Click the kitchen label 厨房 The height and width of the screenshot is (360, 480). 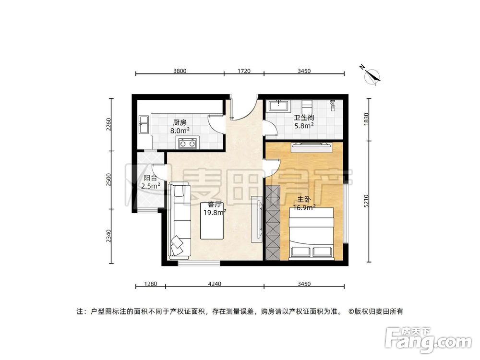coord(180,121)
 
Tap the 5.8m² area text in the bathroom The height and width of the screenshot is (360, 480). coord(304,126)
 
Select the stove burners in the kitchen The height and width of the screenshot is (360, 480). coord(187,142)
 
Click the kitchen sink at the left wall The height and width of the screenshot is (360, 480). coord(144,124)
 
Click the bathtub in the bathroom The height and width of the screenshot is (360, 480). coord(278,106)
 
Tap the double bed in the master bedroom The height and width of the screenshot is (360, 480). coord(311,234)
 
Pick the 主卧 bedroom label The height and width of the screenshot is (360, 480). coord(303,199)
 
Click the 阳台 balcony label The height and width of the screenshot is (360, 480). coord(150,178)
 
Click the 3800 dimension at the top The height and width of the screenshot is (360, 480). coord(180,71)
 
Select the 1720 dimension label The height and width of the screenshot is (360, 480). coord(244,71)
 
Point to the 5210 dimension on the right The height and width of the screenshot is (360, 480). coord(367,202)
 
